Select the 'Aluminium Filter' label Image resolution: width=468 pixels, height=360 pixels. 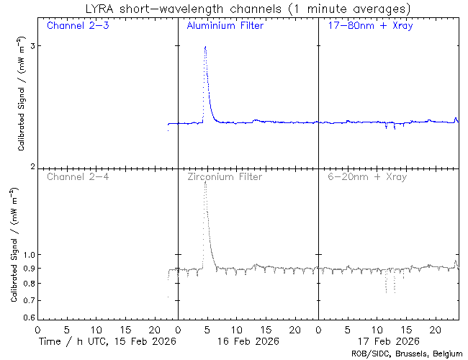[x=225, y=27]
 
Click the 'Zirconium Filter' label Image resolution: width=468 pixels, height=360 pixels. [x=225, y=177]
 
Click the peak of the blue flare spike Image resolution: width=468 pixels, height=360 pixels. [x=205, y=47]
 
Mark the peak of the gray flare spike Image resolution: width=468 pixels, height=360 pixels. [x=205, y=182]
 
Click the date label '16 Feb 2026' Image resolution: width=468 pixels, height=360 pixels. [x=247, y=341]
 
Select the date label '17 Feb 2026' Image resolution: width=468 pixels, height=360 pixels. [x=387, y=341]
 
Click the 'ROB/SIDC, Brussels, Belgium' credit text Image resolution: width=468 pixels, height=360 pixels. [x=406, y=354]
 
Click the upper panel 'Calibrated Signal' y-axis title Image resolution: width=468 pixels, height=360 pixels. [x=22, y=101]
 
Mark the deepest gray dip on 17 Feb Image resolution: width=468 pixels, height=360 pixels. [x=387, y=292]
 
